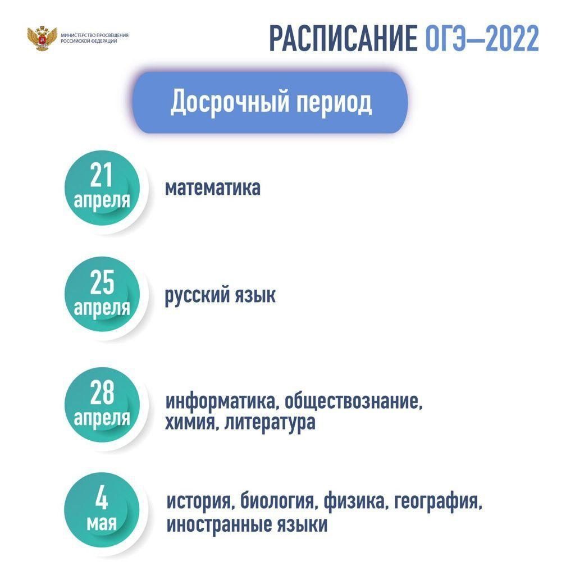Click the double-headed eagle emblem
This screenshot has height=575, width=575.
pos(42,38)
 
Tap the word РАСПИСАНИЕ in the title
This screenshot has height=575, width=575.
pos(343,38)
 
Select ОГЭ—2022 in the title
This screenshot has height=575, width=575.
pos(482,38)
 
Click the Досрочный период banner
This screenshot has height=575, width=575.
pos(270,102)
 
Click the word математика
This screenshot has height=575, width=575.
pos(213,188)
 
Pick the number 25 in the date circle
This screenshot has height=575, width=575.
pos(102,282)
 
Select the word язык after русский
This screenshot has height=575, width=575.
pos(255,295)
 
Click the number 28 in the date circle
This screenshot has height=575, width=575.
pos(102,392)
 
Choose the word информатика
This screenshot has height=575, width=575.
pos(221,401)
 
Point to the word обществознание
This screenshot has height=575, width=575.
pos(354,401)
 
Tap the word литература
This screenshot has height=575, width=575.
pos(270,423)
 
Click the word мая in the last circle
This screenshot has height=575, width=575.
pos(102,523)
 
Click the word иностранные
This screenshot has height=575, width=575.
pos(218,525)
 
